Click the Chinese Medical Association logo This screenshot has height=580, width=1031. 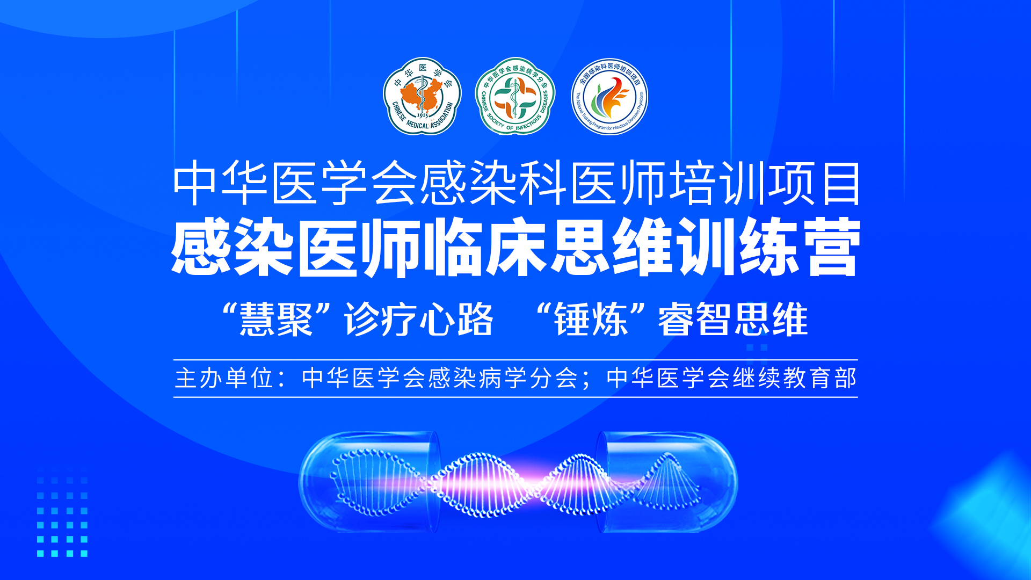(x=422, y=96)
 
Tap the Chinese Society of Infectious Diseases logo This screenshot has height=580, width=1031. (x=515, y=96)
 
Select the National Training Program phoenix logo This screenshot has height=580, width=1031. (x=609, y=97)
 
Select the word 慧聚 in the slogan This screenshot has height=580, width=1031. (x=276, y=320)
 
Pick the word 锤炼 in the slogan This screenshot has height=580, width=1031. (x=591, y=320)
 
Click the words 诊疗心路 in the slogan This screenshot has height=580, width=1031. (x=419, y=320)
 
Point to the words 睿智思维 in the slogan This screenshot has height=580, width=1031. (x=733, y=320)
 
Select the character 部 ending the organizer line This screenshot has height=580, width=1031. (x=845, y=378)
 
